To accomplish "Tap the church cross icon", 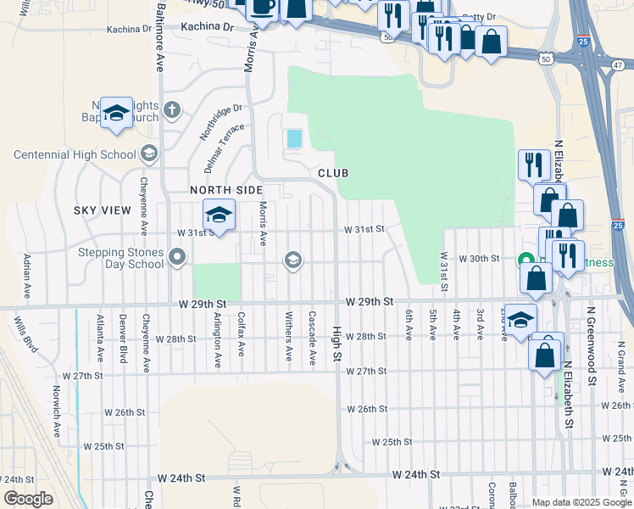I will click(172, 109).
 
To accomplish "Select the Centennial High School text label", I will click(75, 154).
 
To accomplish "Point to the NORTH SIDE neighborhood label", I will click(222, 190).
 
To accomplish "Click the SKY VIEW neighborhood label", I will click(103, 210).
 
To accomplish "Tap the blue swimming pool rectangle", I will click(294, 137).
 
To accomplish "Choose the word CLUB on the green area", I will click(333, 172).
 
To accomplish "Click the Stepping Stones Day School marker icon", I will click(177, 256).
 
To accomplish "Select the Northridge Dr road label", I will click(221, 122).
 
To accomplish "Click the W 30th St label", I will click(479, 258).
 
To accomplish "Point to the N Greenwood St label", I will click(592, 351).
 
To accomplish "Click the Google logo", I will click(28, 498).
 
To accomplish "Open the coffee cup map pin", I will click(262, 8).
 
